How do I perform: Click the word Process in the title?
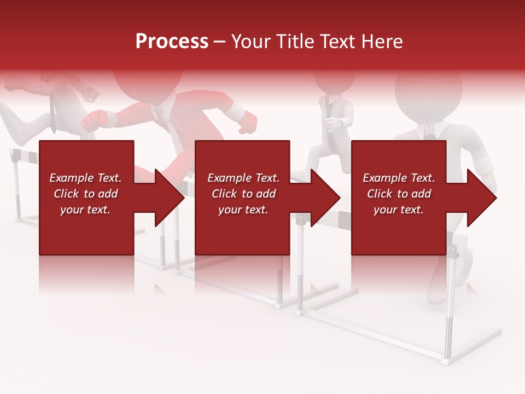click(172, 41)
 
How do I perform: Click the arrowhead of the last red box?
click(481, 198)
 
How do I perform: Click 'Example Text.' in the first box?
click(85, 178)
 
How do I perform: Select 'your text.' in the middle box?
click(243, 210)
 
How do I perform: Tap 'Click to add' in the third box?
click(399, 194)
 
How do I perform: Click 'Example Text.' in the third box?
click(399, 178)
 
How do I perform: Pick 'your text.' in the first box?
click(85, 210)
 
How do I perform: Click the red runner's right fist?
click(94, 119)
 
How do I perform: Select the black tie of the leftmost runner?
click(54, 112)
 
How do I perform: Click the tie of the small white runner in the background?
click(328, 107)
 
